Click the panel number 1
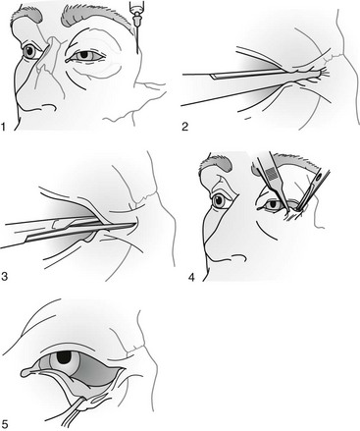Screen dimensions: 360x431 point(4,127)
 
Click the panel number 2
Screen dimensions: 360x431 point(185,127)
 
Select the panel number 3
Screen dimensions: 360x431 point(4,277)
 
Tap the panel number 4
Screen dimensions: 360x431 point(191,277)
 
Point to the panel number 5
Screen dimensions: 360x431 point(4,425)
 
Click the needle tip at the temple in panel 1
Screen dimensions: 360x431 point(137,52)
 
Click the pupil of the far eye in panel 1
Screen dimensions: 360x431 point(30,51)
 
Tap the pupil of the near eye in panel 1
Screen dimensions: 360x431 point(83,54)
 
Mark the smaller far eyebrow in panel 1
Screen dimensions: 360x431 point(27,16)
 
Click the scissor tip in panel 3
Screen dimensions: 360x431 point(134,224)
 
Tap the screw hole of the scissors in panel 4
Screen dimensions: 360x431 point(318,179)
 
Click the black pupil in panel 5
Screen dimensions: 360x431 point(65,357)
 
